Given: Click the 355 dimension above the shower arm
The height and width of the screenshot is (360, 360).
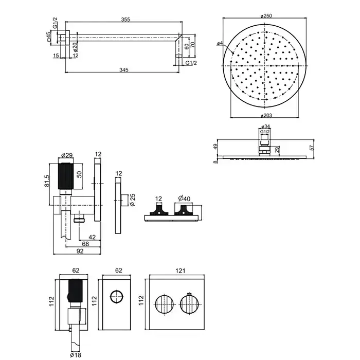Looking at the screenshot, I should click(125, 20).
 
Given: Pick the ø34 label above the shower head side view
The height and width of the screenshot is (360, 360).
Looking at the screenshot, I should click(265, 126).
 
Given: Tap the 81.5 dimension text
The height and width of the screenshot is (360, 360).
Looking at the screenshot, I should click(46, 181).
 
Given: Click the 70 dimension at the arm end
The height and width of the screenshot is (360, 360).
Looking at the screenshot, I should click(192, 45).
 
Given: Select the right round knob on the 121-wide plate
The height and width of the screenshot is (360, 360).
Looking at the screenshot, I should click(189, 304).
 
